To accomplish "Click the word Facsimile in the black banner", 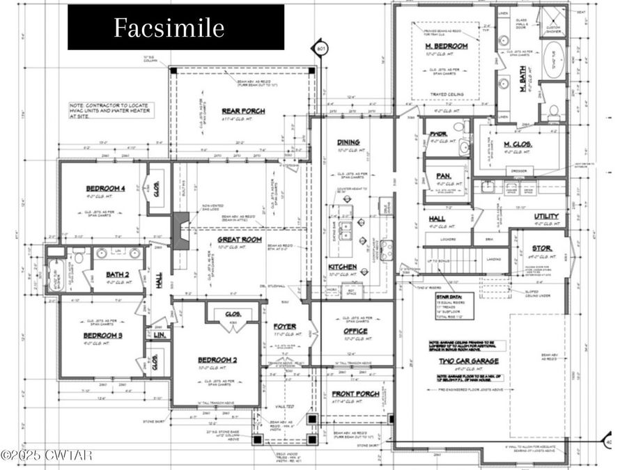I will click(169, 28).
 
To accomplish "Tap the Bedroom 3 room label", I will click(103, 334).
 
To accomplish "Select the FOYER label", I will click(284, 325).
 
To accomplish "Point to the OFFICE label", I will click(355, 331).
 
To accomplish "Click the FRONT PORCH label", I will click(356, 393).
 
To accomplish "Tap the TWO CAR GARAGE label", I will click(468, 361).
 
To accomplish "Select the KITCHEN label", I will click(343, 267).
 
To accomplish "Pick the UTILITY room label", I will click(546, 217).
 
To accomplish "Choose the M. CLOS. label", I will click(518, 144).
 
